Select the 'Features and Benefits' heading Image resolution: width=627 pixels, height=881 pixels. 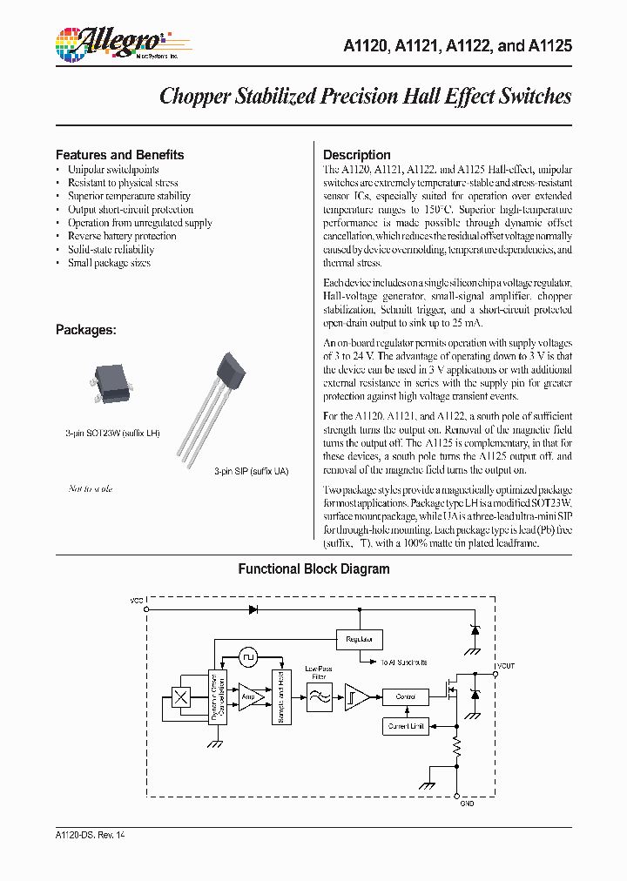click(x=119, y=155)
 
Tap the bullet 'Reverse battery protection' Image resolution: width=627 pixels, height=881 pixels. click(x=122, y=236)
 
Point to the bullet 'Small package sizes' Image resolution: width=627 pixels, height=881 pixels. click(x=109, y=263)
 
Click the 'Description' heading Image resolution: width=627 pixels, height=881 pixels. click(x=356, y=155)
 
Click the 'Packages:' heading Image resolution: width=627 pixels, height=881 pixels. click(x=85, y=330)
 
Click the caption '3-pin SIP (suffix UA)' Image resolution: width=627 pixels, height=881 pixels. click(x=251, y=471)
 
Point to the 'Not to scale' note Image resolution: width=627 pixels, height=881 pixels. click(x=91, y=489)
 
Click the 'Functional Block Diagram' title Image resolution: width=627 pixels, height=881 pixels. click(x=313, y=569)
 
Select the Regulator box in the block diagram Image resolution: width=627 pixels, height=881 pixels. click(x=358, y=639)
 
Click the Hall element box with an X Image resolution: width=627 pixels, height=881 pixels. click(x=181, y=696)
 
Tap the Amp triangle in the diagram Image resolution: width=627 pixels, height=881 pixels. click(x=251, y=696)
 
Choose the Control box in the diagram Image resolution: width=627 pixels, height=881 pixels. click(x=405, y=696)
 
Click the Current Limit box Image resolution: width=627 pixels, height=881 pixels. click(x=405, y=725)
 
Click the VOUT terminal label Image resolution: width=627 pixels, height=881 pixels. click(x=506, y=665)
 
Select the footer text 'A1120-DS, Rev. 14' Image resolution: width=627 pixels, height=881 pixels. click(x=90, y=834)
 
